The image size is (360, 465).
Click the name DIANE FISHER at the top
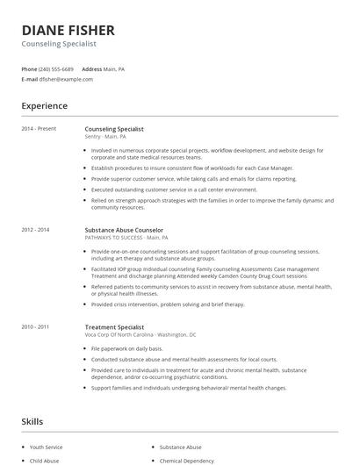[68, 30]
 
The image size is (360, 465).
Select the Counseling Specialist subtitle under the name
[59, 43]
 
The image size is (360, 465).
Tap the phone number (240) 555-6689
[56, 68]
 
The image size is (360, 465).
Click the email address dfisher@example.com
[66, 79]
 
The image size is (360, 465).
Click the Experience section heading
[45, 106]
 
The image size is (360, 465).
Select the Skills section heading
[32, 422]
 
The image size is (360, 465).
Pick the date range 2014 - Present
[39, 129]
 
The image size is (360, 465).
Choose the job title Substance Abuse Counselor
[124, 230]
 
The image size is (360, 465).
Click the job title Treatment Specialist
[113, 327]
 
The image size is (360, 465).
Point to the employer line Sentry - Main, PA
[105, 137]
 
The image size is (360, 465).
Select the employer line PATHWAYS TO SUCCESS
[123, 238]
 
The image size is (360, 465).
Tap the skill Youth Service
[47, 447]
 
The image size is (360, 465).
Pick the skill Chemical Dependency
[187, 461]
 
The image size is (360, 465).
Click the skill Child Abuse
[44, 461]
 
